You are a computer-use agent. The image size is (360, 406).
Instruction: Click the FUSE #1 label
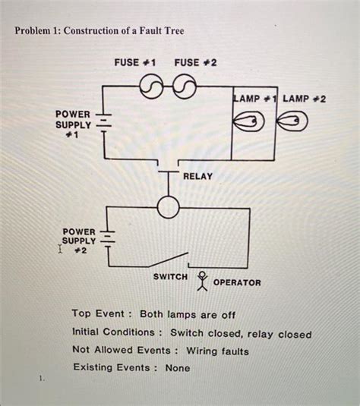coord(135,62)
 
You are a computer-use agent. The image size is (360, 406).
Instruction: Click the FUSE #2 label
coord(195,62)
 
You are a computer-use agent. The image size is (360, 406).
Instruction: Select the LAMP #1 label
coord(256,99)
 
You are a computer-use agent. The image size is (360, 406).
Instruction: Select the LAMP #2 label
coord(305,99)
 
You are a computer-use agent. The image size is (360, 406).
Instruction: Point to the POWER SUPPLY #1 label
coord(73,124)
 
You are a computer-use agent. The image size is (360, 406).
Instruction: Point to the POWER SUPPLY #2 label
coord(79,240)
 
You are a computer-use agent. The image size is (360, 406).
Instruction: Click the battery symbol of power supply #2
coord(109,238)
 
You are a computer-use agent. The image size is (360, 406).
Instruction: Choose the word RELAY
coord(197,176)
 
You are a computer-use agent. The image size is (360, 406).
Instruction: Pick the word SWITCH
coord(170,277)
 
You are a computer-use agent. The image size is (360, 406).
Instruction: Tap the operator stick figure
coord(202,281)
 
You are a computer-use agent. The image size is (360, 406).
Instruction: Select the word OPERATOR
coord(237,283)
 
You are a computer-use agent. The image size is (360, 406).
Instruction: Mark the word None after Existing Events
coord(176,368)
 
